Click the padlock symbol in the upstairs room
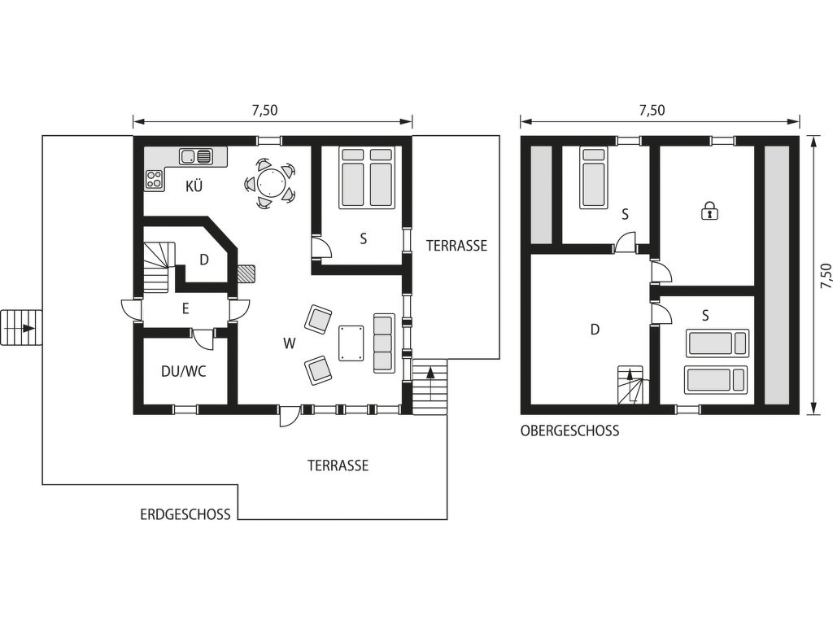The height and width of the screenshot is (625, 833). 709,211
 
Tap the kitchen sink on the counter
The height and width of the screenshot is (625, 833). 195,156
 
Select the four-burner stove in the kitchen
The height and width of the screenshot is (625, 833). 154,178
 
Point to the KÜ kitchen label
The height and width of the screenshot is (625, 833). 194,186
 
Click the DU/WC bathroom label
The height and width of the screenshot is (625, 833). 183,371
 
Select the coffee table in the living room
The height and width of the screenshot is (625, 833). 351,343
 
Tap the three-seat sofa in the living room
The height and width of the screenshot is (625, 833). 384,343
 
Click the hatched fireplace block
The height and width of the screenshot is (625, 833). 246,273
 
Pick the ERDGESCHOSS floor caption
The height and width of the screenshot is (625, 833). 185,514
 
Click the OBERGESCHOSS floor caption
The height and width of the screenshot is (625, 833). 569,431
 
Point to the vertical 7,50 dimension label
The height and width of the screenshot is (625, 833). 825,276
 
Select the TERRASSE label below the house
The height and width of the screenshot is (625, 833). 338,465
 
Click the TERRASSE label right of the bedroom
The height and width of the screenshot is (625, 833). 456,246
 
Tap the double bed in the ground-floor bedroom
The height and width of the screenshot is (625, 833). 367,177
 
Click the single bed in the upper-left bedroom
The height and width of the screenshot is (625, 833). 595,177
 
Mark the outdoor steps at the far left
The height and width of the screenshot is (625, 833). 21,327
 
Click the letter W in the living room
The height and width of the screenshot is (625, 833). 289,344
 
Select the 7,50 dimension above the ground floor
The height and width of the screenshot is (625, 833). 264,110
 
